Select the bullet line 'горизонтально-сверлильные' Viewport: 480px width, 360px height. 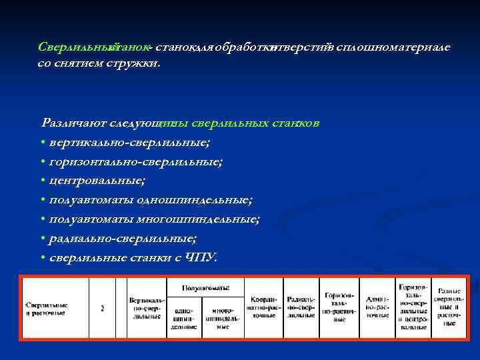[x=134, y=161]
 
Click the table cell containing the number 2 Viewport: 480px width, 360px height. [x=102, y=309]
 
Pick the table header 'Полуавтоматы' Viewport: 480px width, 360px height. [x=206, y=288]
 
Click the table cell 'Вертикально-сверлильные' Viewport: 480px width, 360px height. [x=146, y=309]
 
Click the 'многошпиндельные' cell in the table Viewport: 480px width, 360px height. [x=222, y=319]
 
